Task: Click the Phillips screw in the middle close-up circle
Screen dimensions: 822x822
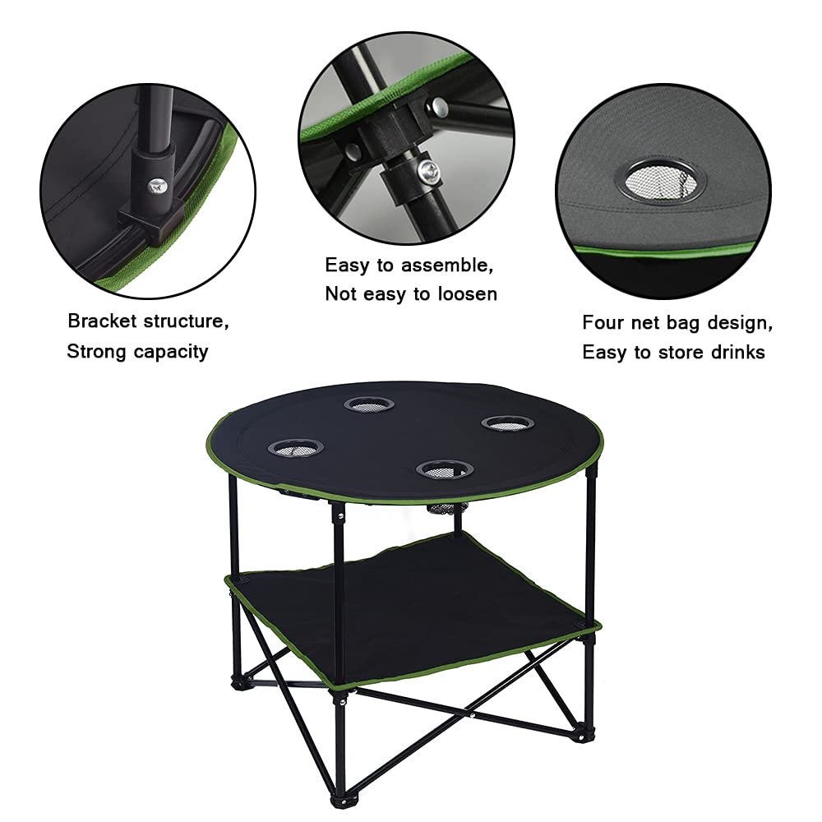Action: (x=427, y=171)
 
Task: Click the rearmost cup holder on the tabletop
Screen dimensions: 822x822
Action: (x=369, y=404)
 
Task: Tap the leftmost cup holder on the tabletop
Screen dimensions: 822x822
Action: (x=295, y=448)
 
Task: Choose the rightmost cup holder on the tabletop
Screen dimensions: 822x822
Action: (x=501, y=423)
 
